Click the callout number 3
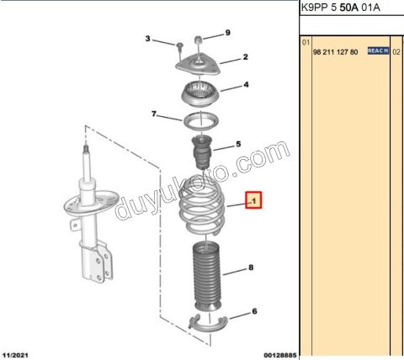148,39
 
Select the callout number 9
228,33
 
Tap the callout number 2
246,57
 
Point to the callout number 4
246,84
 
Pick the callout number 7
154,114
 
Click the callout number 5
238,144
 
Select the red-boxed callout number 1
253,200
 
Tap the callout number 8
251,267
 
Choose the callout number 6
254,311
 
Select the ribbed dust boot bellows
206,278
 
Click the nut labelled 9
199,40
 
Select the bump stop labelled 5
202,152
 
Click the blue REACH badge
378,50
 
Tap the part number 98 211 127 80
335,52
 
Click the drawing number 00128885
279,355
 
